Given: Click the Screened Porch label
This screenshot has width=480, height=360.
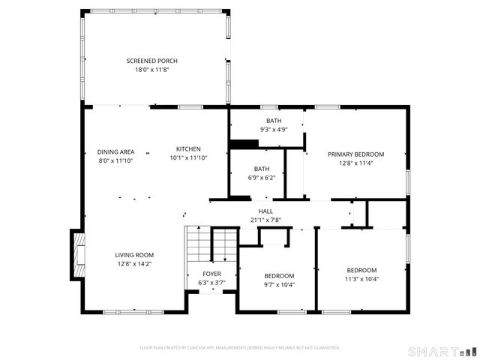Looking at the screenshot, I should point(151,61).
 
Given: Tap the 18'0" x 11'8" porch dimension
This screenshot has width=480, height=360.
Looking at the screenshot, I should point(151,70).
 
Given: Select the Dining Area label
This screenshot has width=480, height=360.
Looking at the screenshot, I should point(115,152).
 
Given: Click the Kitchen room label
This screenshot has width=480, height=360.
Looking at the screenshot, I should point(188,148).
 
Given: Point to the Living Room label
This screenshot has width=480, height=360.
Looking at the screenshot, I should point(134,255).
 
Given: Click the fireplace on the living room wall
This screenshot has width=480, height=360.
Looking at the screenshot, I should point(77,255).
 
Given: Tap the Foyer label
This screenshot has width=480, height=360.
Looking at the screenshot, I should point(212,274).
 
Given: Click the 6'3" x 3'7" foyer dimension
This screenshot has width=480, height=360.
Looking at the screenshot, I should point(212,283).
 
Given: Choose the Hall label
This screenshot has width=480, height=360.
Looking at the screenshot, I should point(265,211).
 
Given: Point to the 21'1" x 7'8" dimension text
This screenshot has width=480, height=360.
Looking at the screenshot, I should point(265,220).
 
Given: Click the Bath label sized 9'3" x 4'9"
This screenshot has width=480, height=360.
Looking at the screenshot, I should point(274,121).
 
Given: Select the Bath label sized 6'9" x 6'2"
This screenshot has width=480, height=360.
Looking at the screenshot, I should point(261,169).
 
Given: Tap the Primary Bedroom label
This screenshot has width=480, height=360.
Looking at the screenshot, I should point(355,154).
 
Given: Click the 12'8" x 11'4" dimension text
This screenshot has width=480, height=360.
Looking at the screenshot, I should point(355,163).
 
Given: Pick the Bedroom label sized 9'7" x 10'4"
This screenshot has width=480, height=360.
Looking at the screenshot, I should point(279,276).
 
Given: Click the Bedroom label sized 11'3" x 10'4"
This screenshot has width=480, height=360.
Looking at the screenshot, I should point(361,270).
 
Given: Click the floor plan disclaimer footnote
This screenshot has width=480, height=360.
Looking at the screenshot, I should point(240,348).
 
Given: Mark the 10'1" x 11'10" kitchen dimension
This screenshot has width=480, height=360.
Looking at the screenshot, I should point(188,157).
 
